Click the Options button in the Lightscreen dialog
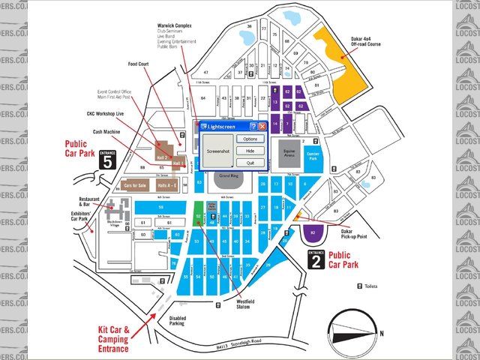click(250, 139)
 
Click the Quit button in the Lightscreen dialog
click(250, 162)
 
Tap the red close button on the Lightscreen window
click(262, 127)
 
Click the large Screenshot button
click(217, 151)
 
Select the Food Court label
click(139, 64)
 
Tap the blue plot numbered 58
click(160, 206)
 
